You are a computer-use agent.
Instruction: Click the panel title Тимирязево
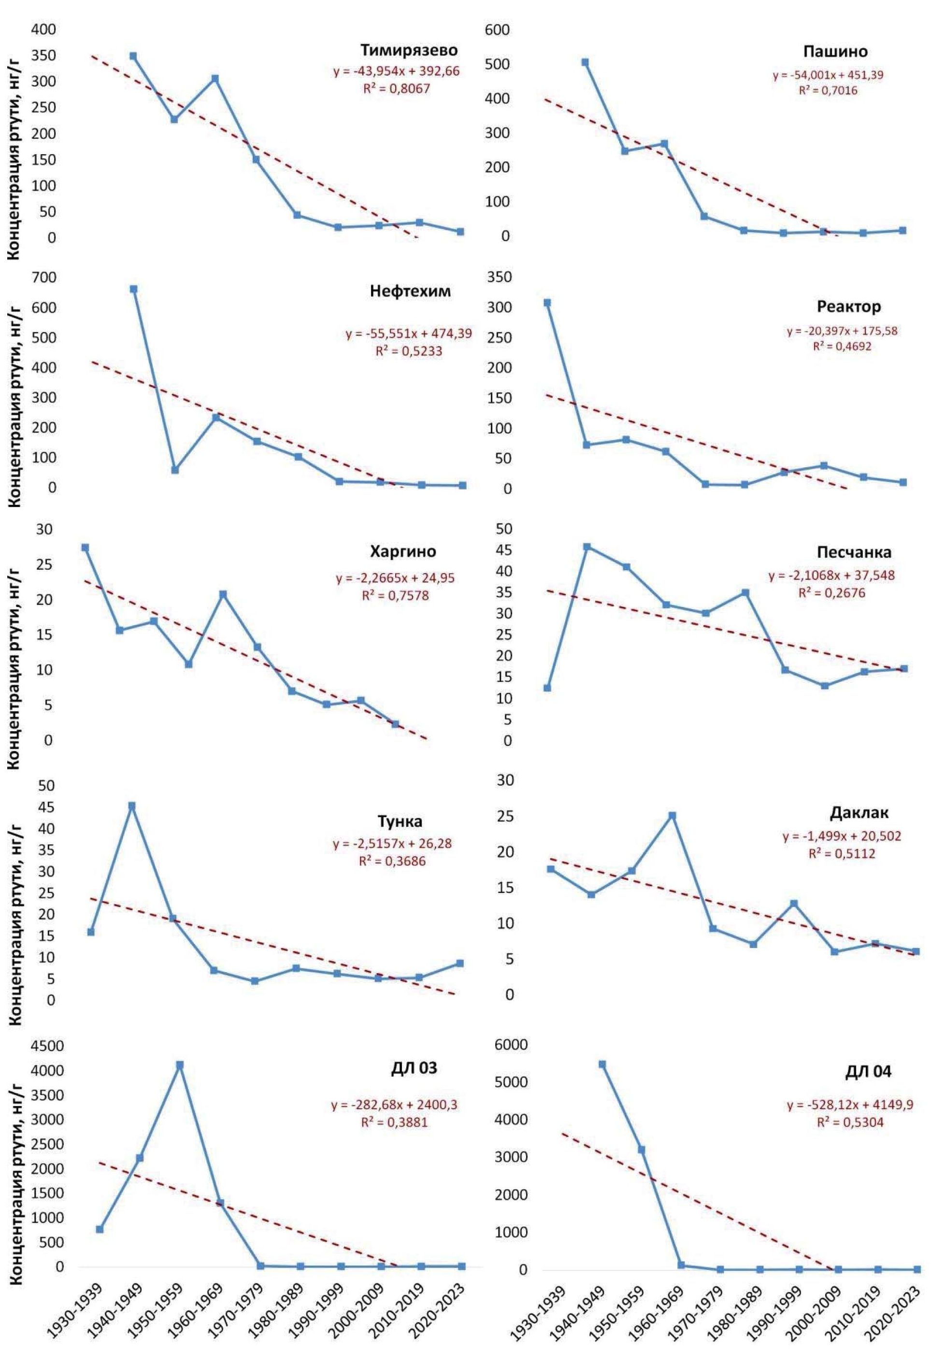[x=409, y=50]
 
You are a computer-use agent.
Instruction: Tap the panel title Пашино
[x=835, y=51]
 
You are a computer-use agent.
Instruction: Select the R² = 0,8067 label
[x=397, y=89]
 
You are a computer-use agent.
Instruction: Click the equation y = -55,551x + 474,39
[x=409, y=334]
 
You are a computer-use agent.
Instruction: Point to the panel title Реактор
[x=849, y=306]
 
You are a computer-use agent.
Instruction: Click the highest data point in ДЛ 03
[x=180, y=1065]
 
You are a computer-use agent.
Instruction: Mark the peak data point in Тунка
[x=132, y=806]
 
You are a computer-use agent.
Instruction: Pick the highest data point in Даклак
[x=672, y=815]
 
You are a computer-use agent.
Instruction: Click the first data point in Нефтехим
[x=133, y=289]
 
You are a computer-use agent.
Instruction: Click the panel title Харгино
[x=403, y=551]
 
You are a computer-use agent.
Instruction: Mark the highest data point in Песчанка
[x=587, y=547]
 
